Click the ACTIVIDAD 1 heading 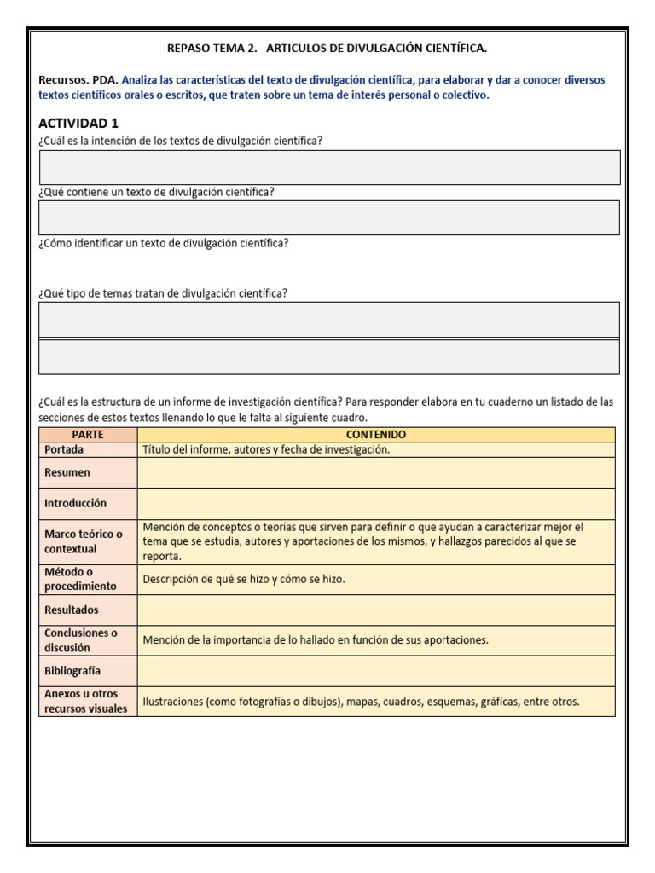click(x=78, y=124)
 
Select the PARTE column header click(x=88, y=435)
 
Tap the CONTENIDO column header click(x=375, y=435)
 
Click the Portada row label click(x=65, y=449)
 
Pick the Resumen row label click(x=67, y=472)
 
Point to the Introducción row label click(x=76, y=503)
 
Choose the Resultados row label click(x=72, y=610)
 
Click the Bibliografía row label click(x=72, y=671)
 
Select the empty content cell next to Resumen click(x=375, y=472)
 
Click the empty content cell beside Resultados click(x=375, y=610)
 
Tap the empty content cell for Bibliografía click(x=375, y=671)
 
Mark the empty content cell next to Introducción click(x=375, y=503)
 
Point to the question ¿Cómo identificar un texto click(x=164, y=243)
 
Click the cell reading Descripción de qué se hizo click(x=244, y=580)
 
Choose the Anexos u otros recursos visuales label click(x=85, y=701)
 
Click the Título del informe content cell click(x=266, y=449)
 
